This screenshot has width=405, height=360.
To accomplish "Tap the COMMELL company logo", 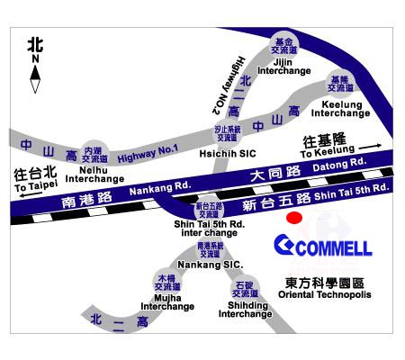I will click(x=322, y=246).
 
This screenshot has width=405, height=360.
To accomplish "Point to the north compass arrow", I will click(x=35, y=80).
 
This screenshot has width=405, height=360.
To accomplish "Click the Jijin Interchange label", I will click(x=284, y=66).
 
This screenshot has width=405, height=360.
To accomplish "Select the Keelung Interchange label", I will click(x=340, y=108).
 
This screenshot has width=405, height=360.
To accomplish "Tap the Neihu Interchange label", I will click(x=94, y=174).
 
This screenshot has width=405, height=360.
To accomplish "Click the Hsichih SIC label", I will click(x=227, y=153).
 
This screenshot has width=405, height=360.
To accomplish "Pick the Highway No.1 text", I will click(x=148, y=149).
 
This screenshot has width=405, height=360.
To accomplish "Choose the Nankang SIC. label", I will click(x=209, y=265).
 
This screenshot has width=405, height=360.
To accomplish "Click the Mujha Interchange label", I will click(x=166, y=301).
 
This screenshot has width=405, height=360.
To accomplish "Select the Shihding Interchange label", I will click(x=244, y=309).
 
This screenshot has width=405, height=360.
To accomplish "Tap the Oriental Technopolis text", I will click(x=323, y=294).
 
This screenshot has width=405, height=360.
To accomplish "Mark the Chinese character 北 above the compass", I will click(x=35, y=43).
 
